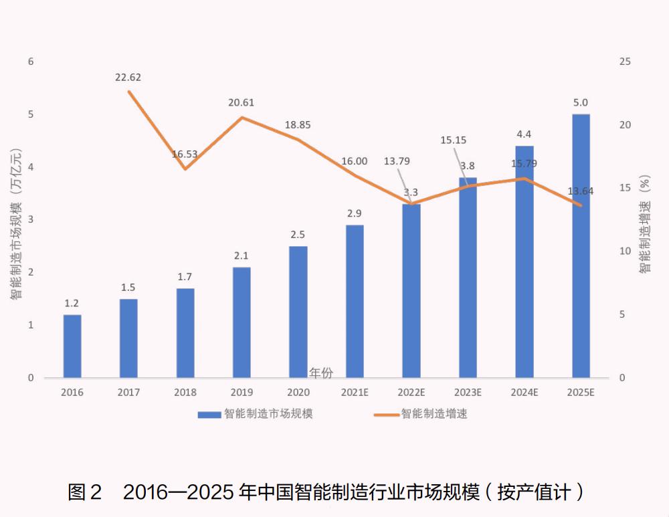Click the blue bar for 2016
coord(72,346)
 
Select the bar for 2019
coord(242,322)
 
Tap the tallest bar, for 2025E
coord(581,245)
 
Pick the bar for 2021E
coord(355,301)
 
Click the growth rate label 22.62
coord(128,78)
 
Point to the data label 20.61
coord(241,103)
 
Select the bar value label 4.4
coord(524,133)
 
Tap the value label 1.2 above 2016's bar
coord(72,304)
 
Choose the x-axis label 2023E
coord(468,393)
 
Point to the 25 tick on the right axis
coord(625,62)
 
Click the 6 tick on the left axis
coord(30,62)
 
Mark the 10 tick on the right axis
coord(625,251)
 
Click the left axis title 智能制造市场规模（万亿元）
coord(15,221)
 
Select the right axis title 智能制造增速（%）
coord(644,224)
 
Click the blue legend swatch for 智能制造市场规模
coord(209,415)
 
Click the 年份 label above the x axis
coord(321,372)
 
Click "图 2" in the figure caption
coord(84,492)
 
